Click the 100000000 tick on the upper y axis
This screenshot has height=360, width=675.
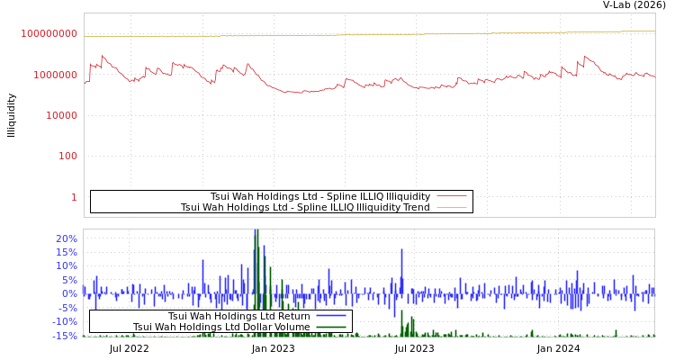49,34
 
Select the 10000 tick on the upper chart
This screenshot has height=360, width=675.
56,115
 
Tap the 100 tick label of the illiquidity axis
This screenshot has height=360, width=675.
67,156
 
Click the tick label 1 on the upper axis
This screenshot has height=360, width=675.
74,197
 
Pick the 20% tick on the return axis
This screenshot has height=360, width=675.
67,238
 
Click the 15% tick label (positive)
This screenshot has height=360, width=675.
67,252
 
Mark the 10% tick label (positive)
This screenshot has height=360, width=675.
67,265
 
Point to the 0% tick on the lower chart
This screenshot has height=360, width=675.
69,293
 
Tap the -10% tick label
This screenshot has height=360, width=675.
65,321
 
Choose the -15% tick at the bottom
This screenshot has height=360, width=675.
65,336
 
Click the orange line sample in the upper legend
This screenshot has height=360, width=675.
452,207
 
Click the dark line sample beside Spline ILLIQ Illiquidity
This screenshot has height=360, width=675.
452,196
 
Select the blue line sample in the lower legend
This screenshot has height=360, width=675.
330,316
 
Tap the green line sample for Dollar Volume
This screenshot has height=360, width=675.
330,327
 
